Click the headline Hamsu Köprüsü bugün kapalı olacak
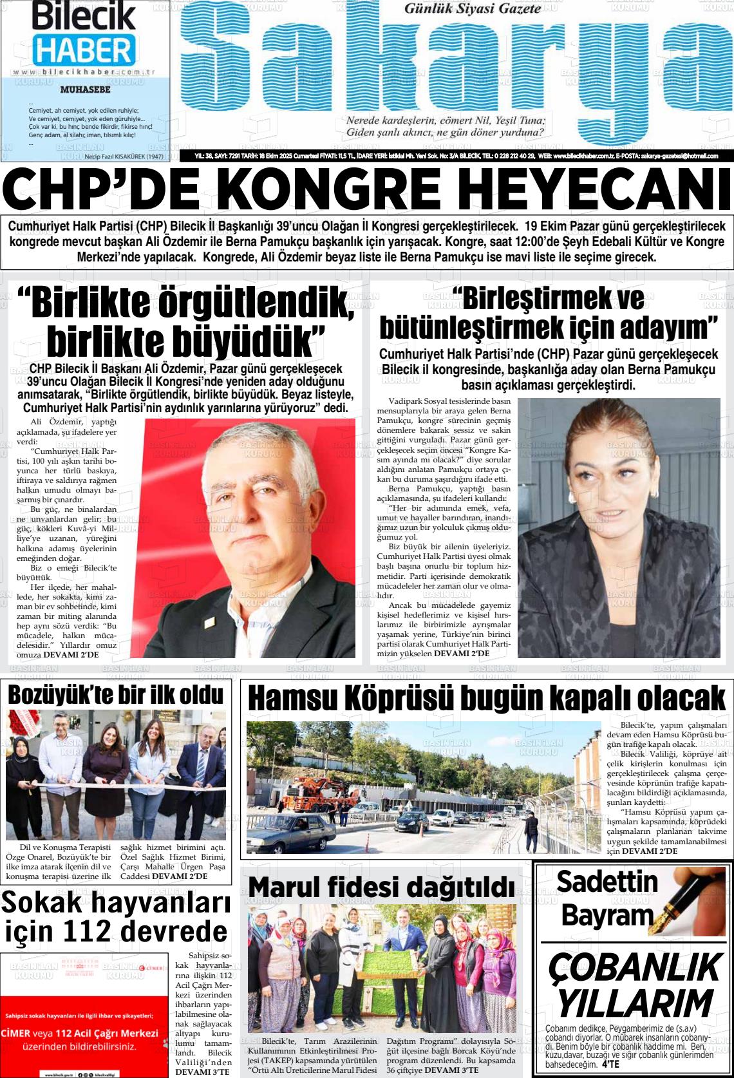point(486,698)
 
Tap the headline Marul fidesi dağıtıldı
point(381,886)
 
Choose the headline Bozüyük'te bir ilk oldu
point(116,695)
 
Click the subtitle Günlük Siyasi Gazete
point(472,9)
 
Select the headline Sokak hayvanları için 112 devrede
point(116,916)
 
